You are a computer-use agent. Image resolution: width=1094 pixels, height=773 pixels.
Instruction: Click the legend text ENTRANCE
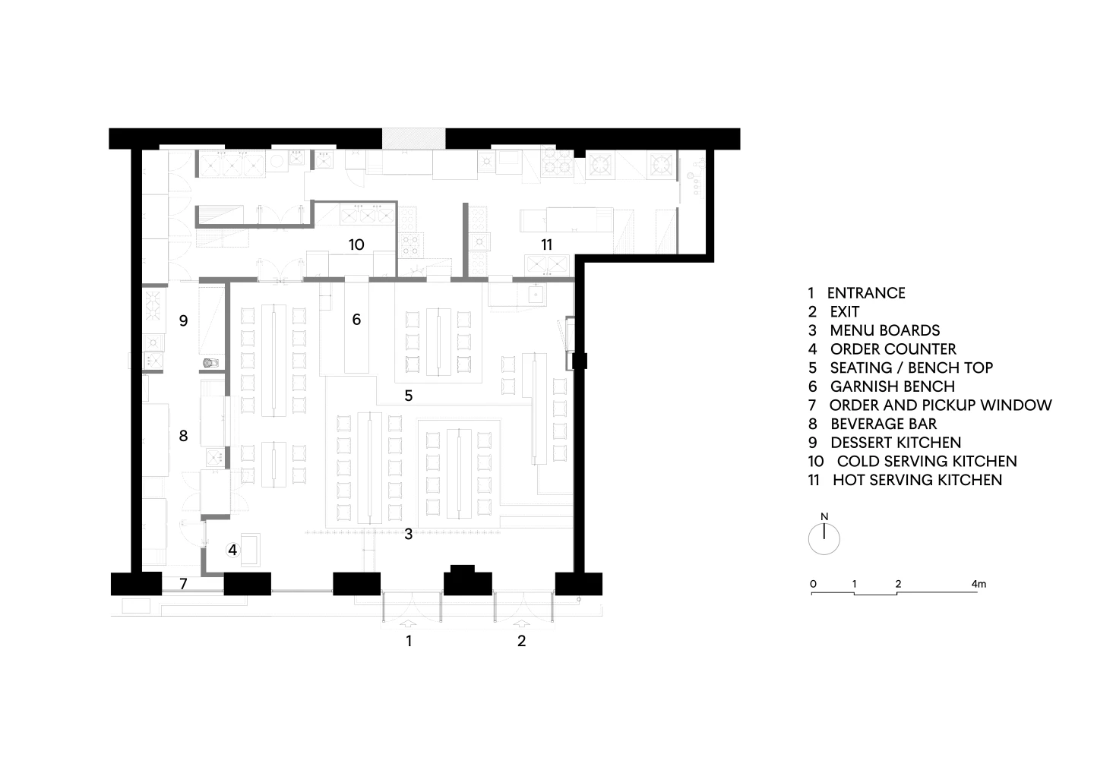coord(866,293)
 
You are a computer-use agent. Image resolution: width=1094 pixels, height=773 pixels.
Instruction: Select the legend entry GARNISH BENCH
coord(892,386)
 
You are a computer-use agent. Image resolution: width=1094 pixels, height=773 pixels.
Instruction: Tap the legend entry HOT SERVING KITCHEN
coord(917,480)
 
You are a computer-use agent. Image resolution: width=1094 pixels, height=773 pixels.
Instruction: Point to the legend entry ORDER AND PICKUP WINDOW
coord(941,405)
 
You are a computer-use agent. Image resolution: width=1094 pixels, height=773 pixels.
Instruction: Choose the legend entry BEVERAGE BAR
coord(884,424)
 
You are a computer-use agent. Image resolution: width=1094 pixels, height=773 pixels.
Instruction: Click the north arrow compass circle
coord(824,539)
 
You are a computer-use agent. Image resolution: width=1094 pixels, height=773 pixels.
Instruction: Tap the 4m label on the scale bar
coord(979,584)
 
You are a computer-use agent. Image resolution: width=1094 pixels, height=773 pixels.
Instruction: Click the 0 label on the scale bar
coord(813,584)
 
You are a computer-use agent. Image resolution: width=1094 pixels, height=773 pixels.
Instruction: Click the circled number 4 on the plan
coord(232,550)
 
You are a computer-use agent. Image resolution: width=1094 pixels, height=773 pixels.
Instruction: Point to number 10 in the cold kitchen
coord(356,245)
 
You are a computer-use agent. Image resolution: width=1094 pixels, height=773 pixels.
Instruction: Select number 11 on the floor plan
coord(546,245)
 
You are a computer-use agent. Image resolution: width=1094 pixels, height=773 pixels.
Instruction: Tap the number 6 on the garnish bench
coord(356,320)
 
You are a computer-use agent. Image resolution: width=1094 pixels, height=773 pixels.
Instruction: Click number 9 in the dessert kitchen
coord(183,320)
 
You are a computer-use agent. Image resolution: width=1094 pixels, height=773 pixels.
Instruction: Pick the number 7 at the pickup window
coord(183,584)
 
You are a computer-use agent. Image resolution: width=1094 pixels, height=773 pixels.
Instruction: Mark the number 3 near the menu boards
coord(408,535)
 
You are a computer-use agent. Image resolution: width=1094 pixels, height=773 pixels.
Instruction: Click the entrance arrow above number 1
coord(409,623)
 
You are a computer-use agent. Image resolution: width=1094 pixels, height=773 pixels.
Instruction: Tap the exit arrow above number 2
coord(522,623)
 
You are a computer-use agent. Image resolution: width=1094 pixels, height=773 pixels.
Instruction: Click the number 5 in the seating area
coord(408,396)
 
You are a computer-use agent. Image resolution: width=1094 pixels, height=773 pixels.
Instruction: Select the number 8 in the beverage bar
coord(183,436)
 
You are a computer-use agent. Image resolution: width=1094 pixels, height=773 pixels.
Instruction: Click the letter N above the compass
coord(824,516)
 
